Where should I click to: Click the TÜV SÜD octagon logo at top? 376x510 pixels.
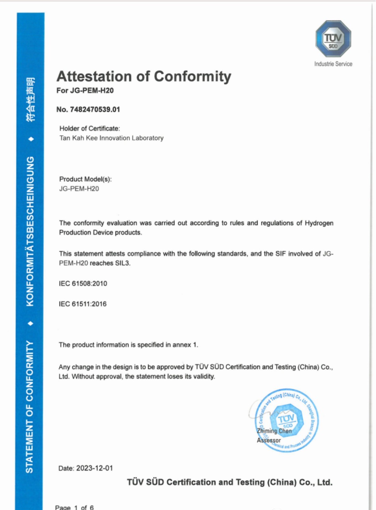[x=333, y=39]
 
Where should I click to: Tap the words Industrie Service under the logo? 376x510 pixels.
[x=333, y=64]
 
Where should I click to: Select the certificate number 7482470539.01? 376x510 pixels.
[x=95, y=109]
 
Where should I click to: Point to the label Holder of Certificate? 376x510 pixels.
[x=89, y=128]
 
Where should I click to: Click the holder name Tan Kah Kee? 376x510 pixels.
[x=78, y=138]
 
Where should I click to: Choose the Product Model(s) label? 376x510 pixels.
[x=85, y=179]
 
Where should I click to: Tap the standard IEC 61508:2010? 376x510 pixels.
[x=83, y=283]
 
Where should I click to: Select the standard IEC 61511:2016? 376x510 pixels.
[x=83, y=304]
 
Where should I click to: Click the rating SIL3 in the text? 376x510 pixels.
[x=122, y=263]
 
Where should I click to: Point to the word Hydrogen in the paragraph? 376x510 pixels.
[x=319, y=223]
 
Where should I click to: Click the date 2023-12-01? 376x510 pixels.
[x=94, y=468]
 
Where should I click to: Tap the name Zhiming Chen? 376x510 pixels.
[x=274, y=431]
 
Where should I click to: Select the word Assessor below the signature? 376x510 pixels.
[x=269, y=440]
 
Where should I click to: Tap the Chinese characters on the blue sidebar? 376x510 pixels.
[x=31, y=99]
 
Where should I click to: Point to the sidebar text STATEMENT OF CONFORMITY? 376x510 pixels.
[x=30, y=406]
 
